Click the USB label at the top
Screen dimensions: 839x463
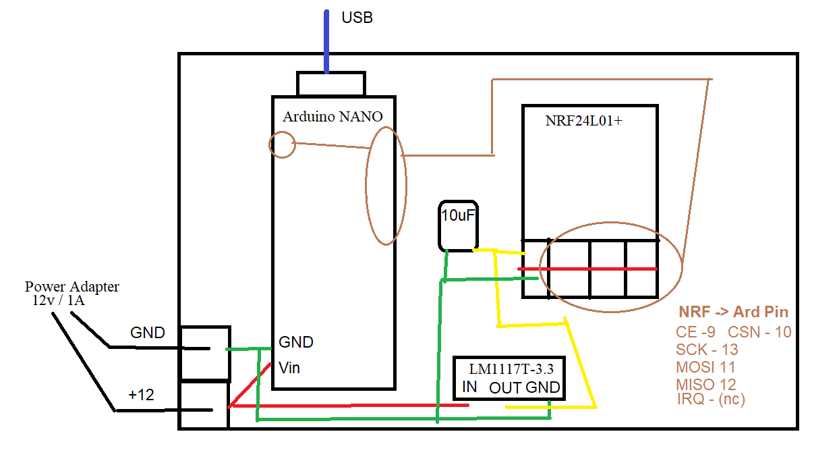pos(357,18)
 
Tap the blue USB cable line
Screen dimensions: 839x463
pos(326,42)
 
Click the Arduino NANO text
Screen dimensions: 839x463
pos(332,117)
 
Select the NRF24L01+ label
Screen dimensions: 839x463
pos(583,121)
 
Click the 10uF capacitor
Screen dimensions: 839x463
pos(458,225)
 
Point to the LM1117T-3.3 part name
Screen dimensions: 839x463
pos(511,369)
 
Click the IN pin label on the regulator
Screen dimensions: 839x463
pos(469,387)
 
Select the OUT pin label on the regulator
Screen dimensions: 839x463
pos(505,387)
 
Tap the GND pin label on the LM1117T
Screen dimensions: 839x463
pos(543,387)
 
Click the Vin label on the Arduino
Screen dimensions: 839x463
pos(289,368)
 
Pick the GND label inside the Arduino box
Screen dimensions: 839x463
pos(296,342)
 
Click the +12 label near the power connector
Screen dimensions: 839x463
pos(141,395)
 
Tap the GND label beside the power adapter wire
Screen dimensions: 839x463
pos(148,333)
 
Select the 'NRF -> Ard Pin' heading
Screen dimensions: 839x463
pos(733,312)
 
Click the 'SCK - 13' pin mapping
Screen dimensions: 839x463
pos(707,350)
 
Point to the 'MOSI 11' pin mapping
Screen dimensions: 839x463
pos(705,367)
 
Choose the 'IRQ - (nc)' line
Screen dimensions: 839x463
pos(711,399)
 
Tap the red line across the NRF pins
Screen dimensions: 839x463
pos(587,269)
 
